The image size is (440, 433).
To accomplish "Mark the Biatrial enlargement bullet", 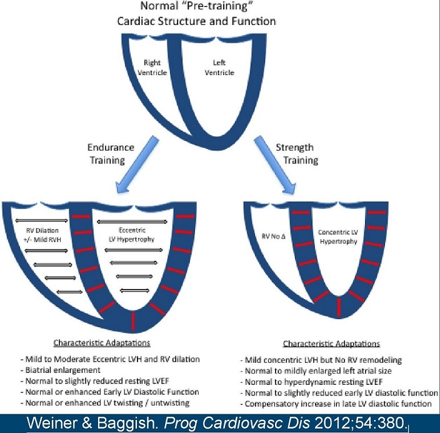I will pos(54,370).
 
